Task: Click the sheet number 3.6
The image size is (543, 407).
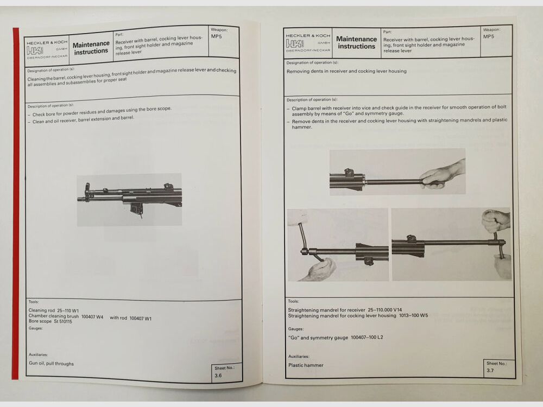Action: click(218, 374)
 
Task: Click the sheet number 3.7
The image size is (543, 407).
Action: click(490, 371)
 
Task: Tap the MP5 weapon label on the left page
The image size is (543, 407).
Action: click(216, 37)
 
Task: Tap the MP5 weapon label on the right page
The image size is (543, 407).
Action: click(489, 37)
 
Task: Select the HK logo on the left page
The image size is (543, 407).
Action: click(36, 50)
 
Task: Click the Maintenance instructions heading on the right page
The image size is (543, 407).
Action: click(356, 42)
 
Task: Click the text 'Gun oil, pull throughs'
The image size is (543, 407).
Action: click(51, 364)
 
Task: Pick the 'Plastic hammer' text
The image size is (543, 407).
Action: click(306, 365)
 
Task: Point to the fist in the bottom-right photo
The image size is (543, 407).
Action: click(496, 220)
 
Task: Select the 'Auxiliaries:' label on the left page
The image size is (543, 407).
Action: click(39, 354)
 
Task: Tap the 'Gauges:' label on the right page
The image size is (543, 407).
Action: click(296, 328)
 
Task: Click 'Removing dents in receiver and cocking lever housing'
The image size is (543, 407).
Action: click(346, 71)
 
